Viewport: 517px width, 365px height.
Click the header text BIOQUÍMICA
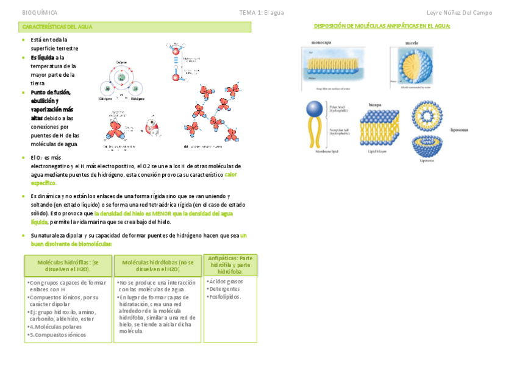tap(40, 13)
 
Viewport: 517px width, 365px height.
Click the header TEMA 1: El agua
tap(261, 13)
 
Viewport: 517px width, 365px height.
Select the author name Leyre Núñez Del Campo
tap(459, 13)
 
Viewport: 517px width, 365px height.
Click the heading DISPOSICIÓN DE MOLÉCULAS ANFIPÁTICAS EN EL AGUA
tap(382, 26)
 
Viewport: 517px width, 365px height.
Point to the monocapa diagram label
tap(321, 43)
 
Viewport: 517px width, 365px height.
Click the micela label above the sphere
tap(412, 43)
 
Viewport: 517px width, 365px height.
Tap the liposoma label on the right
tap(459, 130)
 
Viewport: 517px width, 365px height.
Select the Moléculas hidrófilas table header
tap(68, 265)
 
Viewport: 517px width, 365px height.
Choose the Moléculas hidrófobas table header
tap(157, 265)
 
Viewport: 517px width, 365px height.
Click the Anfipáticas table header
tap(230, 264)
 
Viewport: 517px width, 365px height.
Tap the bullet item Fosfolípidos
tap(226, 297)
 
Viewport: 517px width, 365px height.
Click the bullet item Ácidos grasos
tap(226, 282)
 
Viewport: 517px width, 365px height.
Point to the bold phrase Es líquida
tap(43, 57)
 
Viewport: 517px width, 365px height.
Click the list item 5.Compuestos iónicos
tap(59, 335)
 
